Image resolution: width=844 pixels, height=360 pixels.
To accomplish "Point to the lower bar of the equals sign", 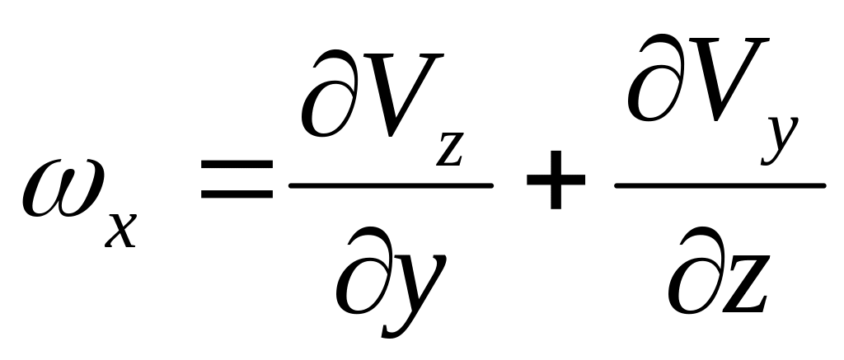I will coord(237,198).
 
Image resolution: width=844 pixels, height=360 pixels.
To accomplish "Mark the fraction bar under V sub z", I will coord(391,185).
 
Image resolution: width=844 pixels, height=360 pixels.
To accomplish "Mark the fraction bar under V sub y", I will coord(719,185).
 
